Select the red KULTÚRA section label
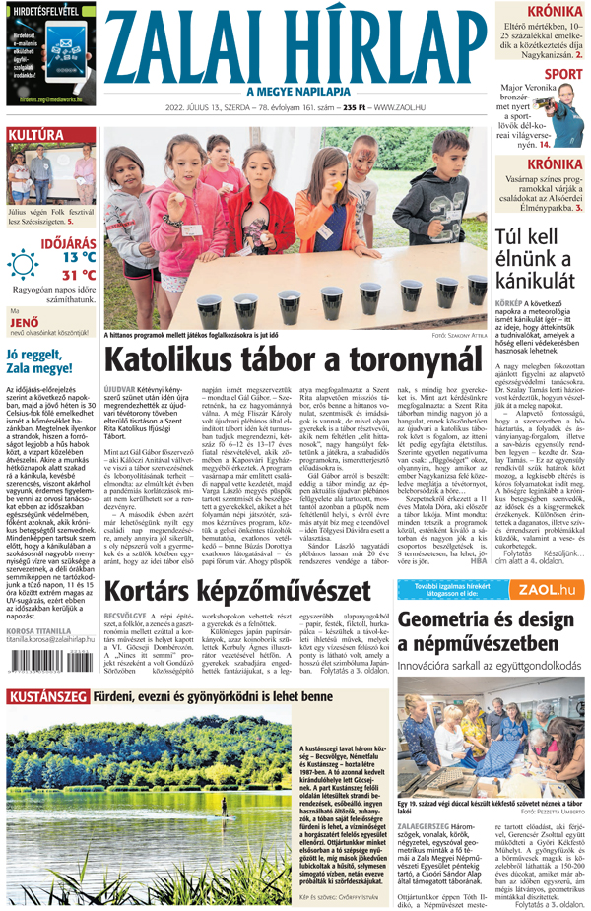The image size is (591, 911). click(36, 134)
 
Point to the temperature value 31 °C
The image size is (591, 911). click(79, 275)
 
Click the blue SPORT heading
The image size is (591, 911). click(563, 74)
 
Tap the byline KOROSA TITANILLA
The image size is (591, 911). click(38, 603)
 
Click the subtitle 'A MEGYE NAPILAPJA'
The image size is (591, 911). click(297, 92)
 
